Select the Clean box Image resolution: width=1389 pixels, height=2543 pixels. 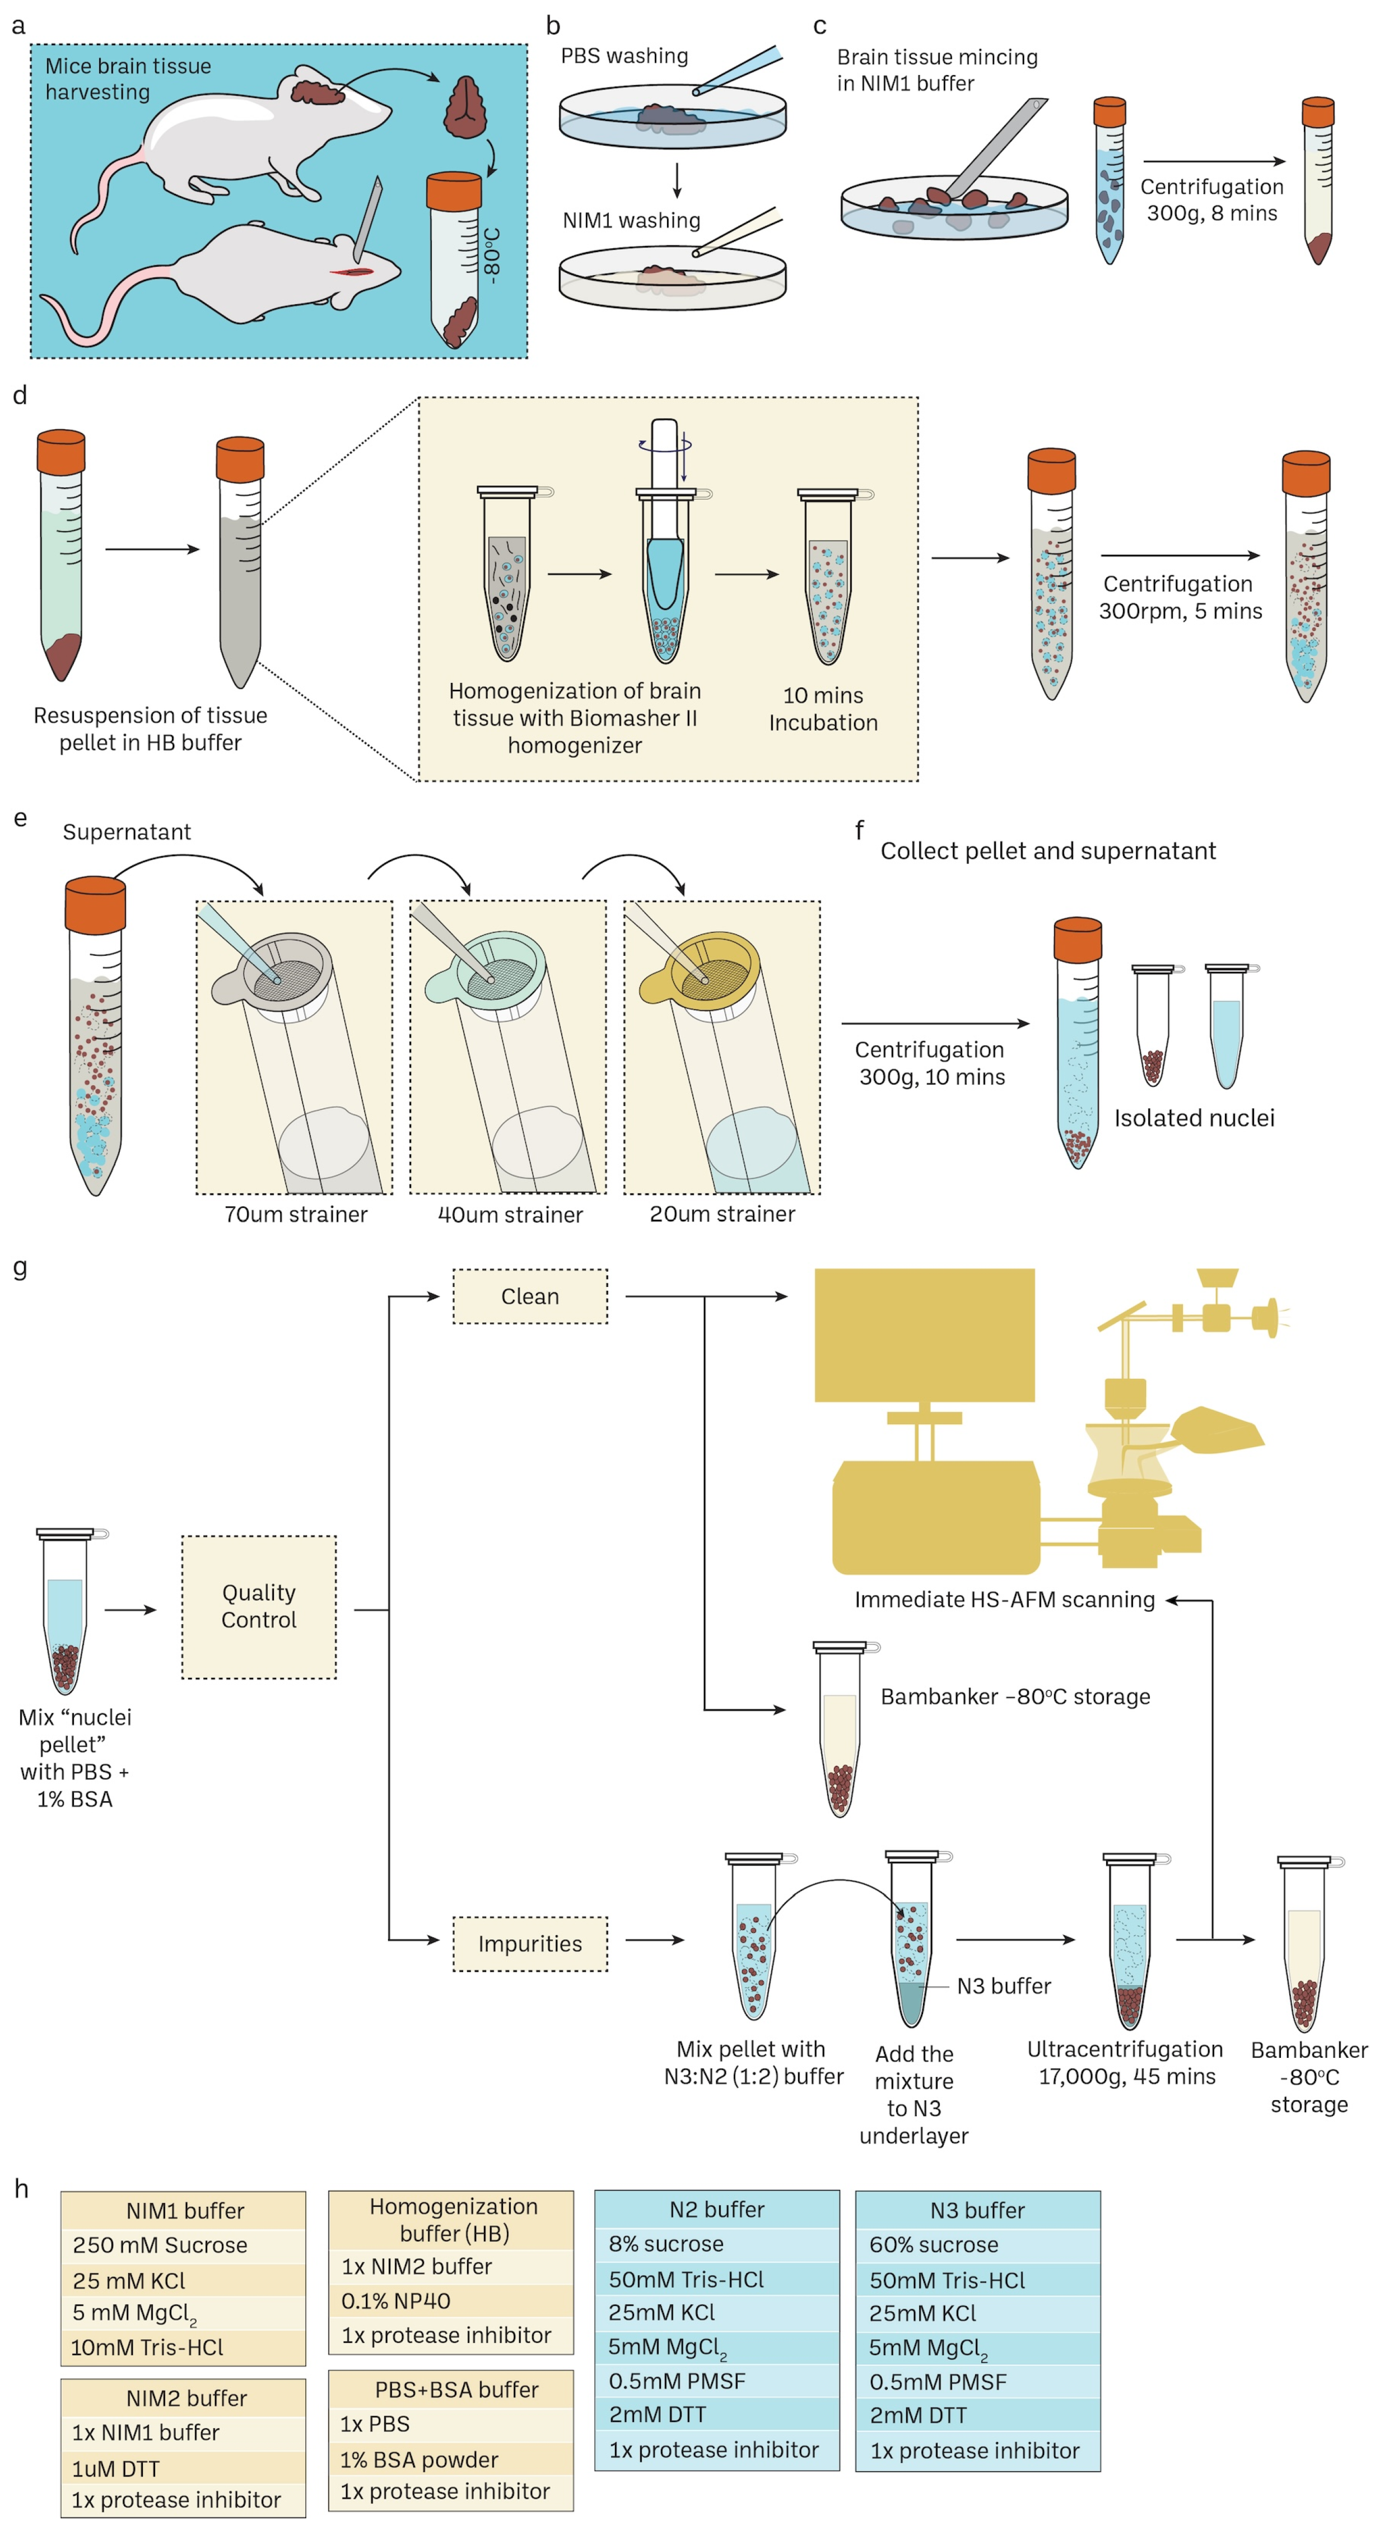pos(530,1296)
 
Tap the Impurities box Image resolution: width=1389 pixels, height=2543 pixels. pos(530,1943)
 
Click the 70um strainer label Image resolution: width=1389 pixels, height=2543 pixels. pos(296,1214)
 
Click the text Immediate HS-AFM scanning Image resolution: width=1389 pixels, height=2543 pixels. pos(1004,1599)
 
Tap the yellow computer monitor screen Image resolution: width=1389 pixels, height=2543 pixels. pos(924,1335)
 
